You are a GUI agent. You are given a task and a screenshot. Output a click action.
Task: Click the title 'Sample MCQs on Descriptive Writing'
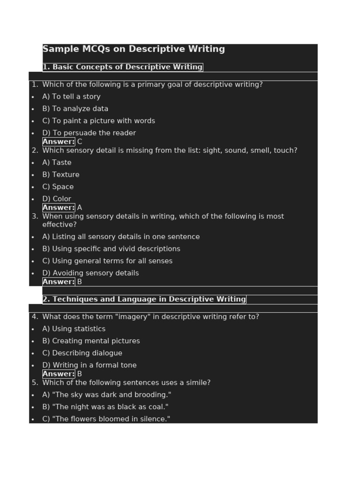point(134,49)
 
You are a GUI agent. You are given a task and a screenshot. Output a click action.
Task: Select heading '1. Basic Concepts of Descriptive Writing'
point(122,67)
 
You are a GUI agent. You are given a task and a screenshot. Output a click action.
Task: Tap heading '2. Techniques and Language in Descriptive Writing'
point(144,299)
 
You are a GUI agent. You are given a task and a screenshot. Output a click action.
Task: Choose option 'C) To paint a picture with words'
point(98,121)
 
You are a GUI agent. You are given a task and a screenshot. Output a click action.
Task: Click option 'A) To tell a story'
point(71,97)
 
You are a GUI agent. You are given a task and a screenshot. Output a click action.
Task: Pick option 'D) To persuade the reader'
point(89,133)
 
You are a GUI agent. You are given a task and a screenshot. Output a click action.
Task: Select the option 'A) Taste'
point(57,163)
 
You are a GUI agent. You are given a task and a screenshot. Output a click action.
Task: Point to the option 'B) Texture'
point(61,175)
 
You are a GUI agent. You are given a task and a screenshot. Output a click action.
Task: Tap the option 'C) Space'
point(58,187)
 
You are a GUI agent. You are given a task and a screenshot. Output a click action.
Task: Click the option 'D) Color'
point(57,199)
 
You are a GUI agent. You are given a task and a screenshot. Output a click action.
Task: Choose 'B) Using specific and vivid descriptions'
point(111,249)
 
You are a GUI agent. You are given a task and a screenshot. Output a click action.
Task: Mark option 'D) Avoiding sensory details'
point(90,273)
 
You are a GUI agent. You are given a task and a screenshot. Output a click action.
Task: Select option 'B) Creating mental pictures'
point(91,341)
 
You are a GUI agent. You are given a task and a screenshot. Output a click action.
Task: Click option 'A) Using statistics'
point(74,329)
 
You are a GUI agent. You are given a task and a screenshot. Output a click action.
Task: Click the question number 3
point(35,217)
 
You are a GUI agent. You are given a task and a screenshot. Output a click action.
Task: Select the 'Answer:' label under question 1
point(59,142)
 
